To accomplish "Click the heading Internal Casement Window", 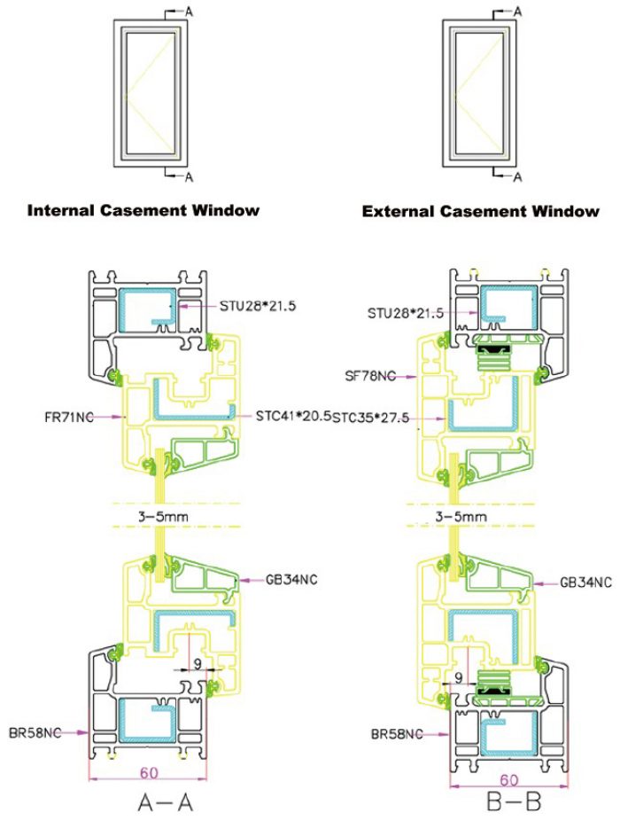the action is [143, 210].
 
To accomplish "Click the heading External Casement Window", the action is [480, 212].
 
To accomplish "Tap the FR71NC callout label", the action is [69, 418].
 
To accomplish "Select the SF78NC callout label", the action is [370, 376].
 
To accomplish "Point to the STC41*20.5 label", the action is [293, 416].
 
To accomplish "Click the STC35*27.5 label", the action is [371, 418].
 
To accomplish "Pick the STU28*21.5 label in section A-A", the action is [258, 305].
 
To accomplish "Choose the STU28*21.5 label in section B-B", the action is [406, 313].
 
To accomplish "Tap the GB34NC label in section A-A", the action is [291, 580].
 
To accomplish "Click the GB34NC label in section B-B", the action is [586, 583].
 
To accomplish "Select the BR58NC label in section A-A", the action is [35, 732].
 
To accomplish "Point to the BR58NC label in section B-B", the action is [397, 734].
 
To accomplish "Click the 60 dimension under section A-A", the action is [149, 772].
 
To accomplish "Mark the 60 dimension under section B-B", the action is [509, 780].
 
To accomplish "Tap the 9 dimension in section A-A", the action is [198, 664].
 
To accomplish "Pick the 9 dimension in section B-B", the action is [459, 678].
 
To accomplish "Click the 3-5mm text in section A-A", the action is [163, 517].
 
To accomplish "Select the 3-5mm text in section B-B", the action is [461, 517].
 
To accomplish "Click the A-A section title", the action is [166, 802].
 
